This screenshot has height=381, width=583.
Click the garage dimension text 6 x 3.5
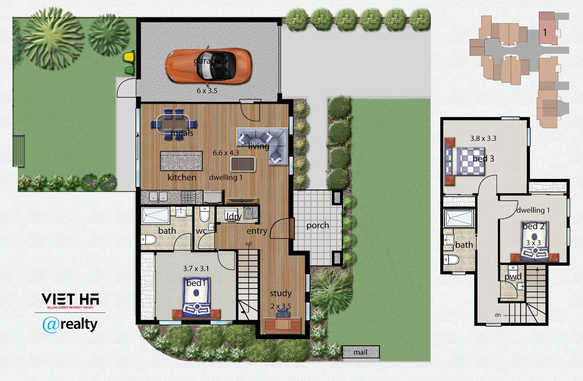click(x=207, y=91)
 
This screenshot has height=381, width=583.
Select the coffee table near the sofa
click(x=243, y=164)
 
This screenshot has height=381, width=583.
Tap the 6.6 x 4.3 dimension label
click(x=226, y=153)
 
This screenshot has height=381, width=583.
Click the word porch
click(x=317, y=226)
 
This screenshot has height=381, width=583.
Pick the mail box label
click(x=360, y=352)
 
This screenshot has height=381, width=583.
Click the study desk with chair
click(x=282, y=324)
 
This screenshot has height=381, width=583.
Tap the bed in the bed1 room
click(x=196, y=298)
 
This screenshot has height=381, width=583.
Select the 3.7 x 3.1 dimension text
click(x=196, y=269)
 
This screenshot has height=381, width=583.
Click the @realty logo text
click(x=70, y=324)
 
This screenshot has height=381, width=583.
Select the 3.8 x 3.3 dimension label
click(x=483, y=138)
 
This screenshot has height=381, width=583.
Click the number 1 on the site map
click(x=545, y=32)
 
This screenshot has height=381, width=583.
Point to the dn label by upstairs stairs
click(x=498, y=315)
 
